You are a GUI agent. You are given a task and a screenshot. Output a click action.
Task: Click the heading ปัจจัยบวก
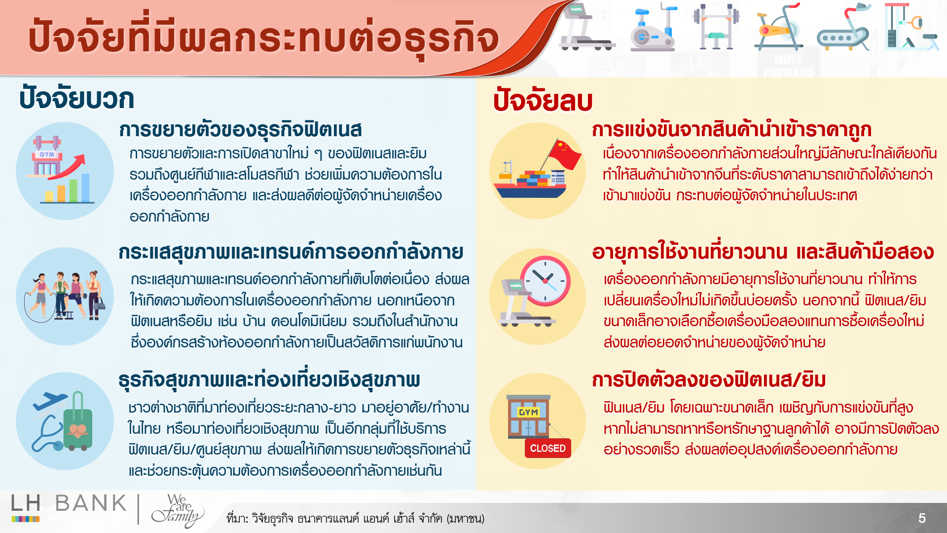coord(76,98)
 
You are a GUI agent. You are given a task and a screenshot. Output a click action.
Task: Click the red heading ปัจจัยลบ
coord(543,100)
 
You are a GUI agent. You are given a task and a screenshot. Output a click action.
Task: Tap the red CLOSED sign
coord(547,448)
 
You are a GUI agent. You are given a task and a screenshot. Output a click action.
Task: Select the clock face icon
coord(545,281)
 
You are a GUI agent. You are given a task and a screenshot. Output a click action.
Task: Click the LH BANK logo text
coord(69,503)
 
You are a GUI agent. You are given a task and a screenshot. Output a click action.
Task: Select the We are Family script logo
coord(178,511)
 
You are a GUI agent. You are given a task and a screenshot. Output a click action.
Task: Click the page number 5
coord(922,518)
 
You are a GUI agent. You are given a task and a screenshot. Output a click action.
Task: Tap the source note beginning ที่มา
coord(355,519)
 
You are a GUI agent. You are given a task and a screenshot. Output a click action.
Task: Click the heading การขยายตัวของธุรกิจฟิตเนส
coord(240,130)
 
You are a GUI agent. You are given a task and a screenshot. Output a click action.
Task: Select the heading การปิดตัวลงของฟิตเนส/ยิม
coord(709,380)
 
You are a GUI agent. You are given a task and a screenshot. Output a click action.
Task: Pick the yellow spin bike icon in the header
coord(778,27)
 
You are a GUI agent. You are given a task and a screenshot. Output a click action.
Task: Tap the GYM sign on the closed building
coord(528,412)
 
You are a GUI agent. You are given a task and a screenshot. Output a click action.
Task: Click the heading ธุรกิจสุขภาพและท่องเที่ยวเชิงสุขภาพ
coord(269,380)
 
